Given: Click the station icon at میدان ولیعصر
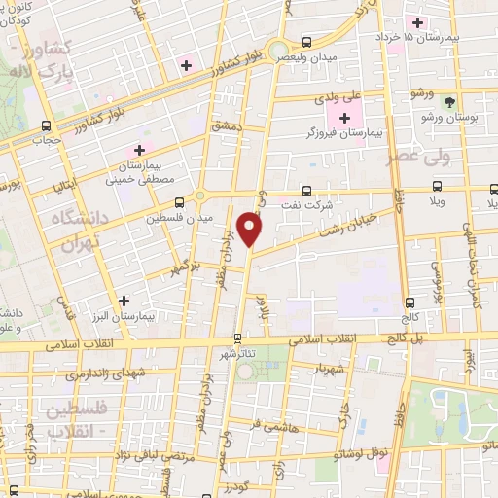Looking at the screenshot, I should click(x=307, y=42).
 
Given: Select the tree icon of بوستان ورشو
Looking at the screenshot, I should click(x=448, y=100).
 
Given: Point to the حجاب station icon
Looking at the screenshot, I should click(x=46, y=124).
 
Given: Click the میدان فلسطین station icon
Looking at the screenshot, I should click(x=179, y=202).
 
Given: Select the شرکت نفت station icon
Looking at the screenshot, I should click(x=307, y=191).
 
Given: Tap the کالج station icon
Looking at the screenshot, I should click(x=409, y=302).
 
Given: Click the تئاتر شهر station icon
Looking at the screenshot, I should click(x=238, y=339).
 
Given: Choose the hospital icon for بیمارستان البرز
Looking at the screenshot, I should click(x=123, y=301).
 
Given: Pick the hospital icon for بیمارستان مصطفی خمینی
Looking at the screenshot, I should click(x=140, y=150).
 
